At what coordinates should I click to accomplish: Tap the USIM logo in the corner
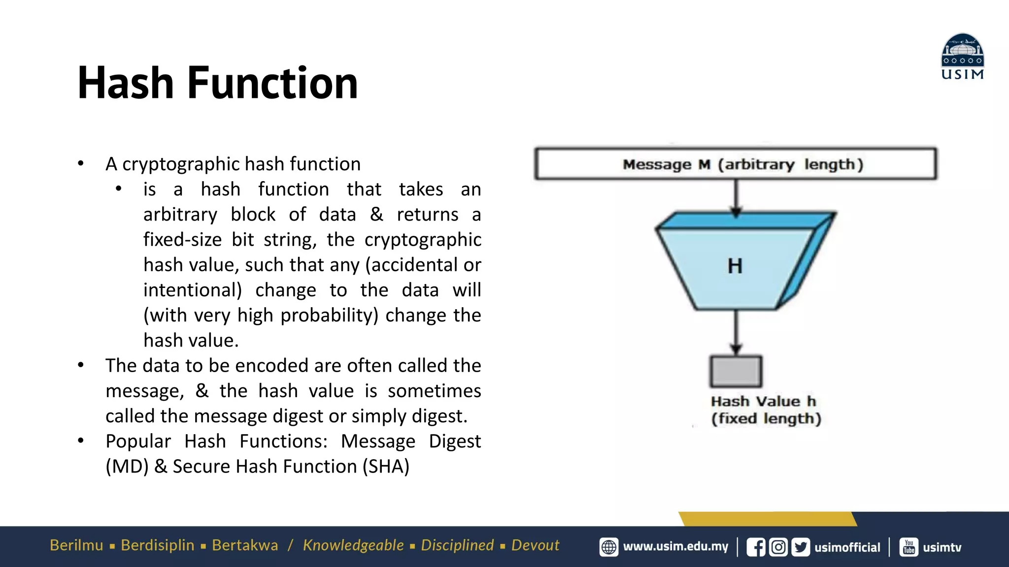tap(962, 57)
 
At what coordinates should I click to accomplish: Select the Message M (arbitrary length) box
tap(736, 164)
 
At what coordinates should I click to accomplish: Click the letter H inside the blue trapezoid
tap(735, 266)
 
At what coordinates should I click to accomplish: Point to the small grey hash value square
tap(736, 372)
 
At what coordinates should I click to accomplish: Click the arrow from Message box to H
tap(736, 197)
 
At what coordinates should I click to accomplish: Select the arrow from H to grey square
tap(736, 331)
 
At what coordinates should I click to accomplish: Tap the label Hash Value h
tap(763, 401)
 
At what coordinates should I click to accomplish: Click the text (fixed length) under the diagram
tap(766, 418)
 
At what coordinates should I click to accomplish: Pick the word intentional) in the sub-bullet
tap(193, 290)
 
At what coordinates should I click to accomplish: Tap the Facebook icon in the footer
tap(756, 547)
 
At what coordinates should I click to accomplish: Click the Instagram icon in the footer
tap(778, 547)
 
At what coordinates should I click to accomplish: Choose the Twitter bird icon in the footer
tap(801, 547)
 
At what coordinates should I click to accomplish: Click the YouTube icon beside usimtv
tap(909, 547)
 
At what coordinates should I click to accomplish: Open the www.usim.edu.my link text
tap(675, 547)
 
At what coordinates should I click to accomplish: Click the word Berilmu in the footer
tap(76, 545)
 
